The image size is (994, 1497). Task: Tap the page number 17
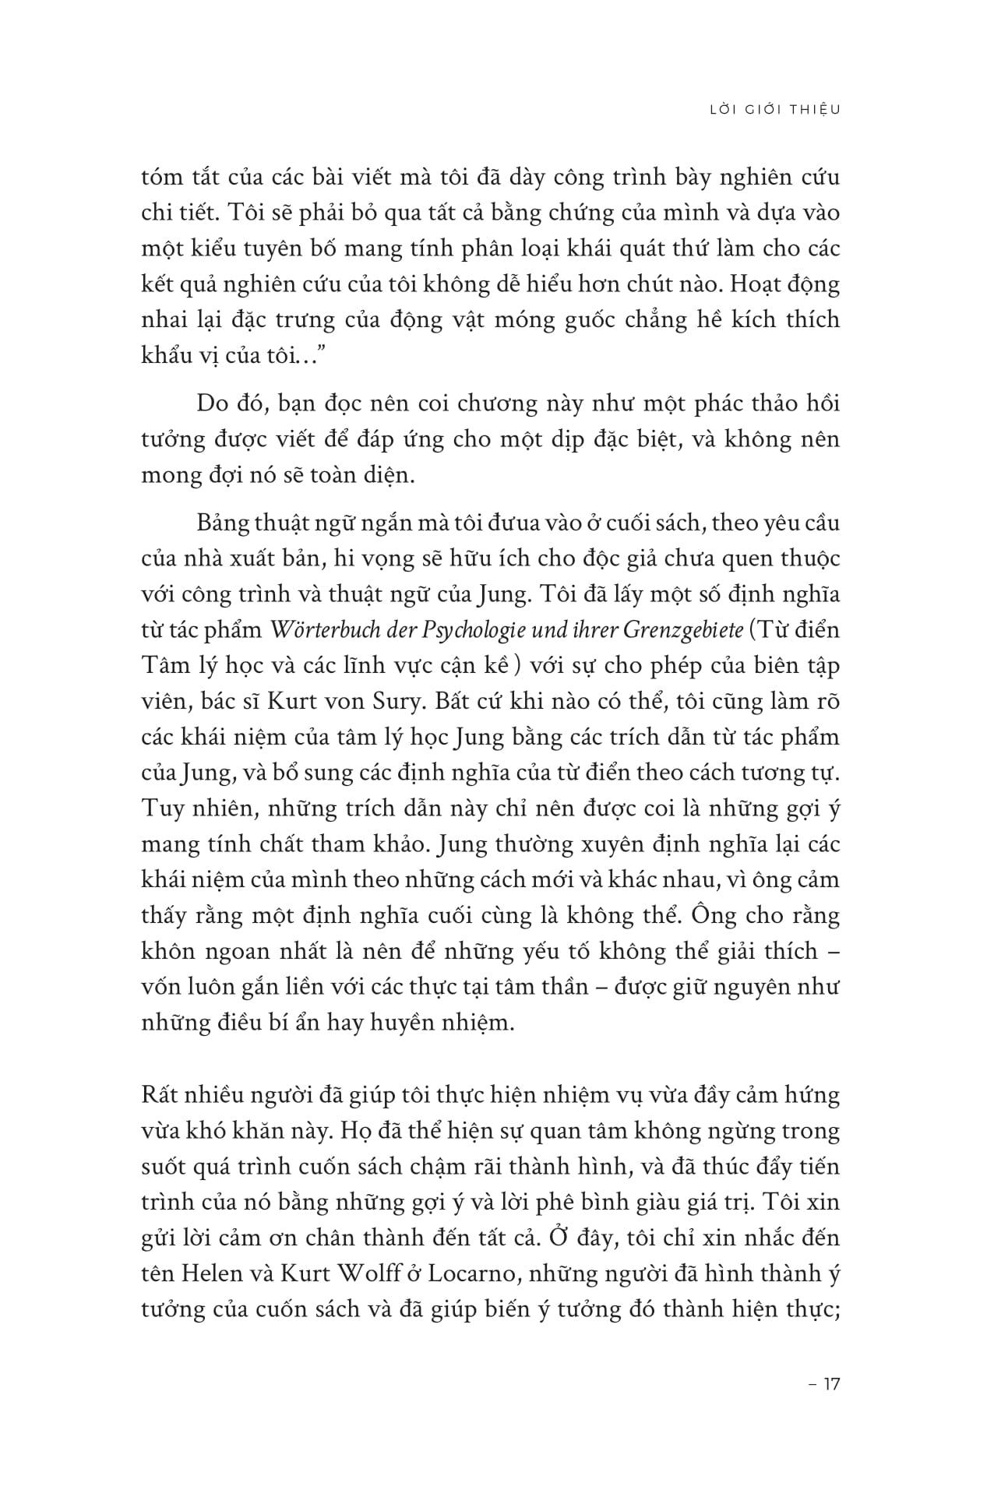[831, 1383]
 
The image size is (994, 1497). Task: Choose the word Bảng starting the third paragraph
[223, 522]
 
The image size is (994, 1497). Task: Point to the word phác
[674, 403]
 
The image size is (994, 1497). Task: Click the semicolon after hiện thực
[835, 1310]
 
